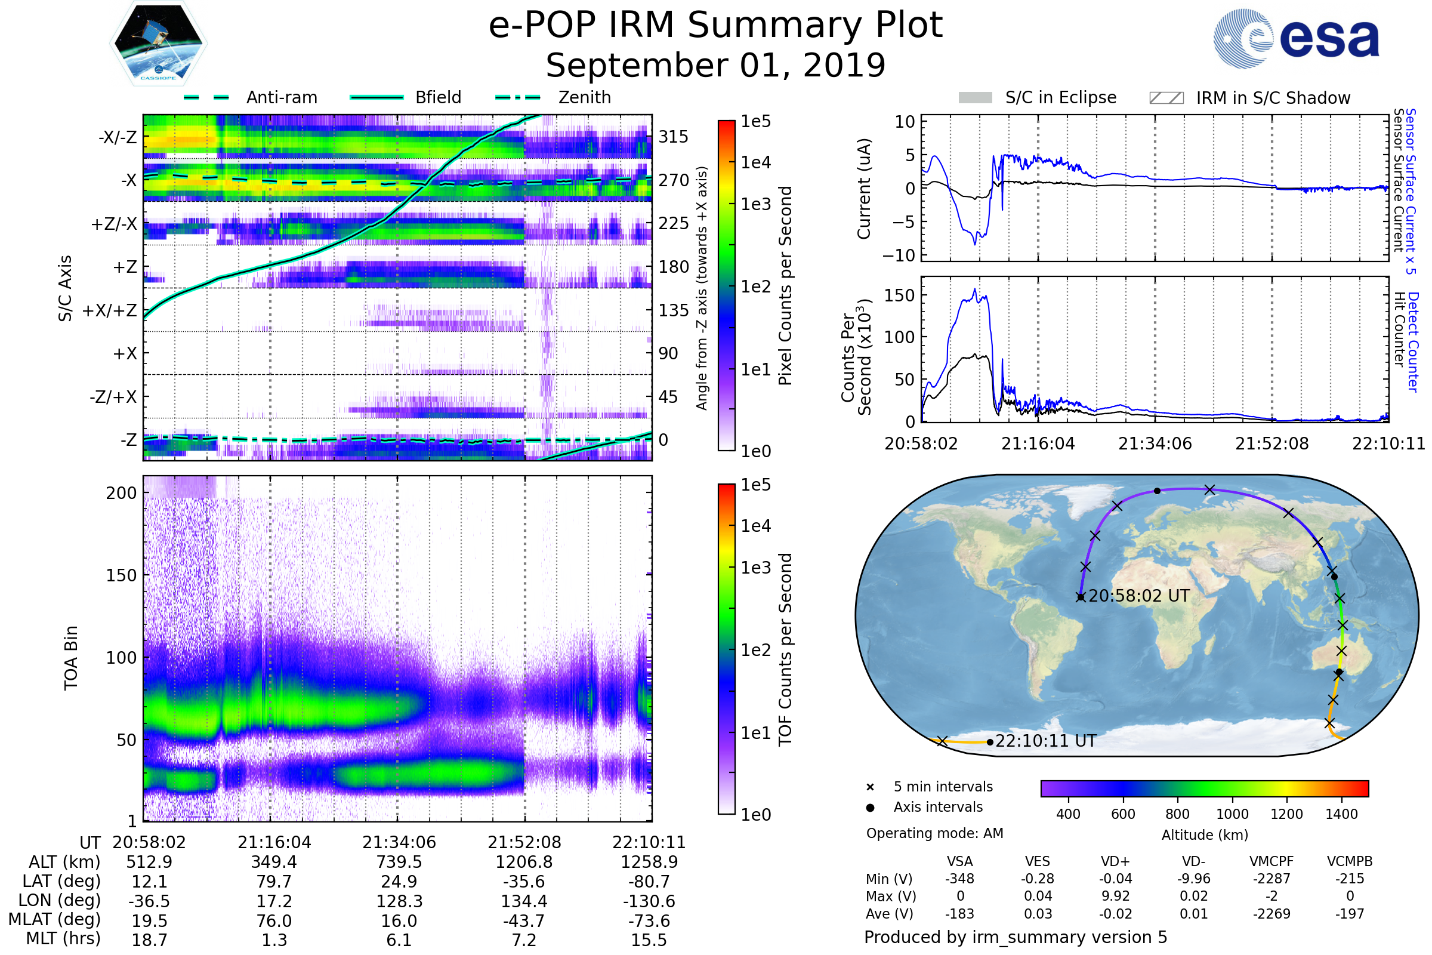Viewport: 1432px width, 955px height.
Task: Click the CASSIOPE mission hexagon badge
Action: (x=158, y=43)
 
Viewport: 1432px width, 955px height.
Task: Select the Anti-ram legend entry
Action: (x=281, y=97)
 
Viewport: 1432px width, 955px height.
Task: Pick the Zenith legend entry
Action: (x=584, y=97)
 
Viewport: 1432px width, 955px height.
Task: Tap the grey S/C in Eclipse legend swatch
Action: (x=975, y=98)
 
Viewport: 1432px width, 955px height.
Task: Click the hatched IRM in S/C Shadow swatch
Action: (x=1166, y=98)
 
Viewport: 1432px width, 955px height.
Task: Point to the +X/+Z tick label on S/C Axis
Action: (x=110, y=310)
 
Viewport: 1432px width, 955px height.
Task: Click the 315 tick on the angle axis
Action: (x=673, y=137)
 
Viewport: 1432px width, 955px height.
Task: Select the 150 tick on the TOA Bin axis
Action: (x=121, y=575)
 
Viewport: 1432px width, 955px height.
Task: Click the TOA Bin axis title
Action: (x=70, y=657)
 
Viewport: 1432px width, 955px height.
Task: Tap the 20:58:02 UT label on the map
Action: (x=1138, y=596)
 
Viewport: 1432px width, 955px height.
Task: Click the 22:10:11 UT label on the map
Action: (x=1045, y=741)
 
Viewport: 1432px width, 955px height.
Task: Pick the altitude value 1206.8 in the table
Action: (x=524, y=862)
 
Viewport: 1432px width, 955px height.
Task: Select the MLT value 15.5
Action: (x=649, y=939)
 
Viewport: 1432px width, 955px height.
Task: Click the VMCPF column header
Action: (x=1271, y=861)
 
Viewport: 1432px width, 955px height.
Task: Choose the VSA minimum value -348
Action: (x=959, y=879)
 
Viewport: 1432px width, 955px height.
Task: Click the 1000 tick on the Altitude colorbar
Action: (x=1232, y=814)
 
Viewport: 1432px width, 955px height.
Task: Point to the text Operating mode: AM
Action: (x=934, y=833)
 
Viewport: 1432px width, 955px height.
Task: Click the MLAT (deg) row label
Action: (x=54, y=920)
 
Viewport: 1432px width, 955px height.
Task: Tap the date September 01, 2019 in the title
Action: (x=715, y=65)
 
